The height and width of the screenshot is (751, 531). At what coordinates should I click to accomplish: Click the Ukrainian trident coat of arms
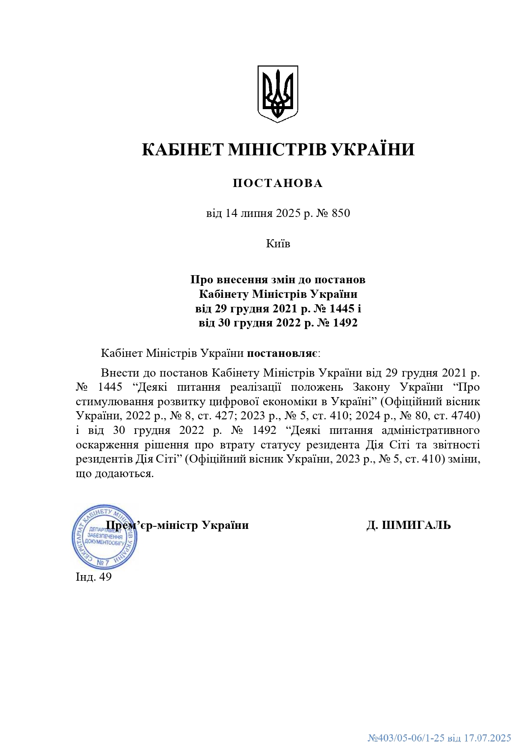[x=277, y=94]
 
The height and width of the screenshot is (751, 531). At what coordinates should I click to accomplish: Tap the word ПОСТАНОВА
[x=278, y=184]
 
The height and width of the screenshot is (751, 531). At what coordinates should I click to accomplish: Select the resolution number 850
[x=341, y=213]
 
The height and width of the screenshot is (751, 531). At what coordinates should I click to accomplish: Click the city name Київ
[x=278, y=243]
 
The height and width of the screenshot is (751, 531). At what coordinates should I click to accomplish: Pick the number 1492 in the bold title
[x=345, y=323]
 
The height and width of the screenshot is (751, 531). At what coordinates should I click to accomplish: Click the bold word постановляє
[x=282, y=353]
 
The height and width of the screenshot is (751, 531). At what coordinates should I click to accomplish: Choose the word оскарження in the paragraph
[x=104, y=445]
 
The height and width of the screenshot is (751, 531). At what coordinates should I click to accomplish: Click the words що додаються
[x=114, y=474]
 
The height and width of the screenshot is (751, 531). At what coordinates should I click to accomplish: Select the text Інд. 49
[x=94, y=577]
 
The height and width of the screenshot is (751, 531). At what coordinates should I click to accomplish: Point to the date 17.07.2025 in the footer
[x=487, y=738]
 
